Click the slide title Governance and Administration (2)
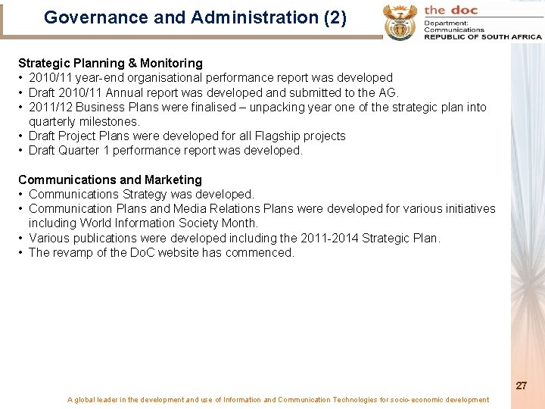(195, 17)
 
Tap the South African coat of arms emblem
(400, 21)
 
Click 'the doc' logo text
(451, 10)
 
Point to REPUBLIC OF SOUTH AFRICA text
(482, 36)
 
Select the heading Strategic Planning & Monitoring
(111, 63)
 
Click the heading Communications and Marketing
(110, 180)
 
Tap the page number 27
(522, 386)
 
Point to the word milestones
(112, 121)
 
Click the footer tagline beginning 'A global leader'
(278, 400)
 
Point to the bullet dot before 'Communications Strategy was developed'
(21, 195)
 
